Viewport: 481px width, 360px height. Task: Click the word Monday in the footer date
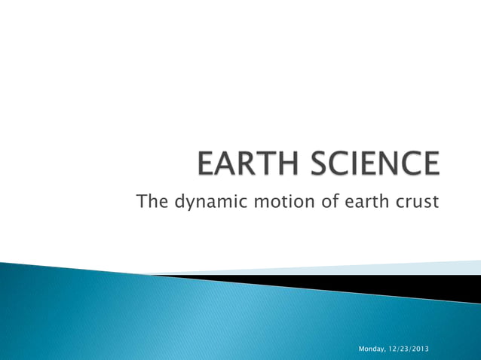371,349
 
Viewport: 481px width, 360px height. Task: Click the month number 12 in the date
393,349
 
